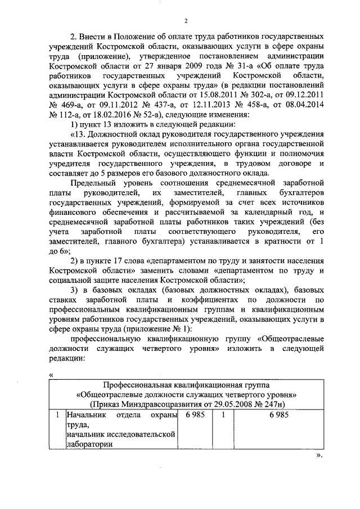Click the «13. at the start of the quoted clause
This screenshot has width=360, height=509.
(x=78, y=135)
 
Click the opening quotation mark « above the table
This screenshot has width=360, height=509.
(x=51, y=375)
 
